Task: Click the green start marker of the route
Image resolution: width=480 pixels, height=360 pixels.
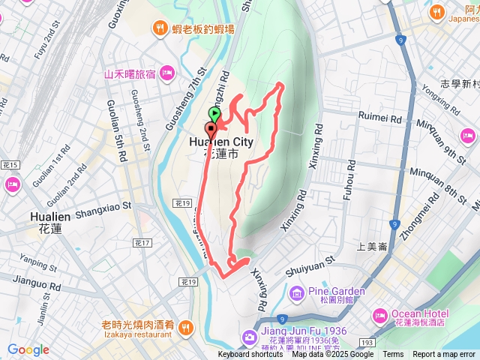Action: [x=214, y=115]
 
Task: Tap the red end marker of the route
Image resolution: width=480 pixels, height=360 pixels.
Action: [x=209, y=126]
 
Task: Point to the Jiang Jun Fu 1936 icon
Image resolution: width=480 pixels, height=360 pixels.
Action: [x=248, y=339]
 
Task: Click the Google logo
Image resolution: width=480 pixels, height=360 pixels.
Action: [x=28, y=349]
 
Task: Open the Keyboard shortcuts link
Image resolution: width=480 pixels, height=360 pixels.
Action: [x=250, y=355]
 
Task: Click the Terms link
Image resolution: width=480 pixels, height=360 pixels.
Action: [x=393, y=355]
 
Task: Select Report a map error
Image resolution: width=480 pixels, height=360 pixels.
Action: [x=444, y=355]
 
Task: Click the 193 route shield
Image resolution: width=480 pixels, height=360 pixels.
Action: [x=366, y=342]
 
